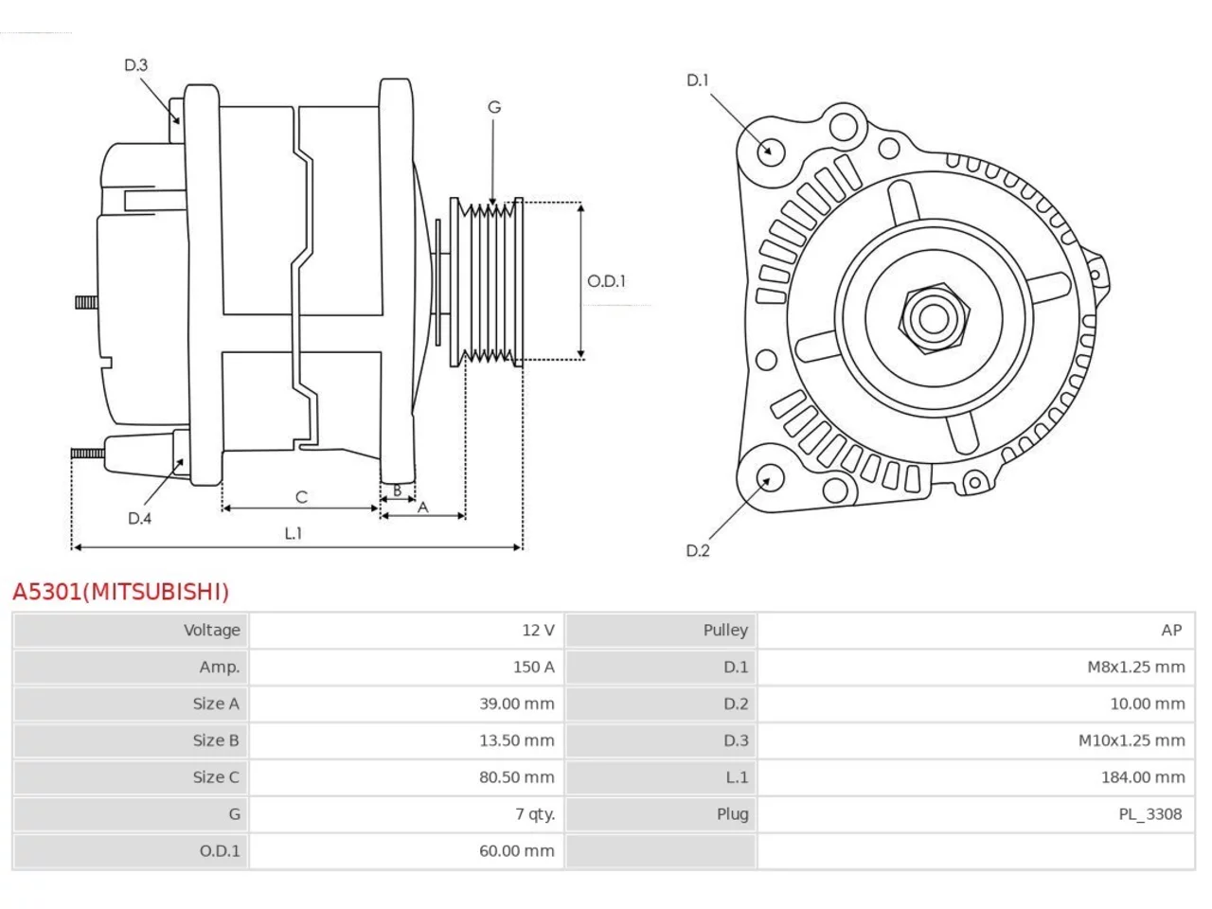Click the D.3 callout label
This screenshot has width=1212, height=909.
(x=135, y=65)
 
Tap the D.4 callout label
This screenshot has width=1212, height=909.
(x=140, y=518)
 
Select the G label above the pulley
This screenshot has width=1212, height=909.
(x=494, y=107)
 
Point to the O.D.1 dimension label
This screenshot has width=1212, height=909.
(x=606, y=281)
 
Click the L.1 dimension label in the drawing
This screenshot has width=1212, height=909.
(x=294, y=533)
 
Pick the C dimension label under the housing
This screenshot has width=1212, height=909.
(x=301, y=497)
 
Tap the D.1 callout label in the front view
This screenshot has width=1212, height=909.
(x=698, y=80)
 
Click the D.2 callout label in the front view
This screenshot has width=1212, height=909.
(x=698, y=550)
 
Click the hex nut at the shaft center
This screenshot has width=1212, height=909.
(x=934, y=319)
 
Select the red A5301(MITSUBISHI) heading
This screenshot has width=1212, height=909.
(x=120, y=592)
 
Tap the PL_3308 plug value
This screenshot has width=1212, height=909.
(x=1150, y=814)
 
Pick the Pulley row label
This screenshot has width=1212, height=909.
(x=725, y=631)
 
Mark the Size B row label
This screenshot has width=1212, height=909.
(x=216, y=740)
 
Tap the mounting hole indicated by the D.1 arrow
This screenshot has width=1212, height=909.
(x=771, y=151)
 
